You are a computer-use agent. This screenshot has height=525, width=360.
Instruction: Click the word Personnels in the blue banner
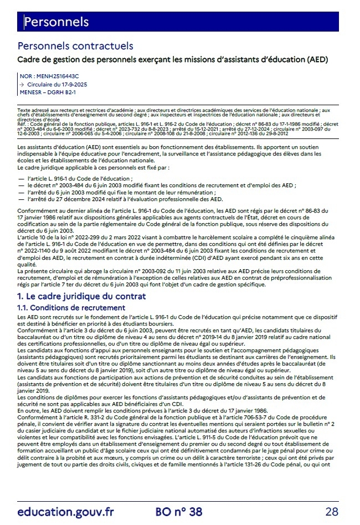pos(56,22)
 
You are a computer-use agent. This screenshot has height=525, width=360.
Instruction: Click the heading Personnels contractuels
pos(75,47)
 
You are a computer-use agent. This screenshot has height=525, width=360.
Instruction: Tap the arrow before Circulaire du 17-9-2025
pos(21,84)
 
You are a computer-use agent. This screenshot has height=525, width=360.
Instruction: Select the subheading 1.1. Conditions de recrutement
pos(71,307)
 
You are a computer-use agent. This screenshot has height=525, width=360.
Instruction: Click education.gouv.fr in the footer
pos(65,511)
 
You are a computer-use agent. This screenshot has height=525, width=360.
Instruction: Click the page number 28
pos(332,511)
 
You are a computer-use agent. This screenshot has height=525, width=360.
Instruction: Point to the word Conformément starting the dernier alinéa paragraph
pos(37,210)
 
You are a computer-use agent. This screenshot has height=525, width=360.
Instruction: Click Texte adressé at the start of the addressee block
pos(33,111)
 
